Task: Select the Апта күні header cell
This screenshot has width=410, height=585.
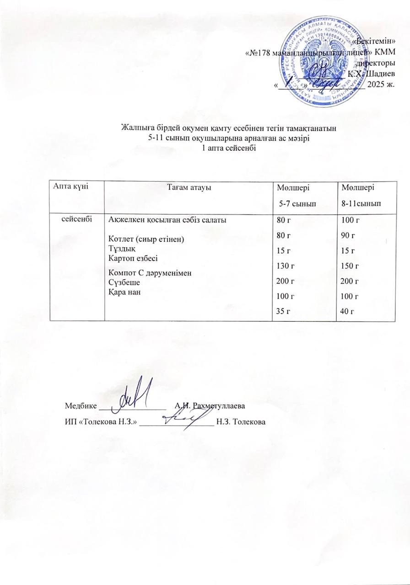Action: coord(70,185)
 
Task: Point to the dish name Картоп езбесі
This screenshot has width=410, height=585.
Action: coord(132,258)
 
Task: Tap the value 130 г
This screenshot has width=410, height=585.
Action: coord(285,266)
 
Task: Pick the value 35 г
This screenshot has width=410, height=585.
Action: coord(283,311)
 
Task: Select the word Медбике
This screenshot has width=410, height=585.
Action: coord(81,406)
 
